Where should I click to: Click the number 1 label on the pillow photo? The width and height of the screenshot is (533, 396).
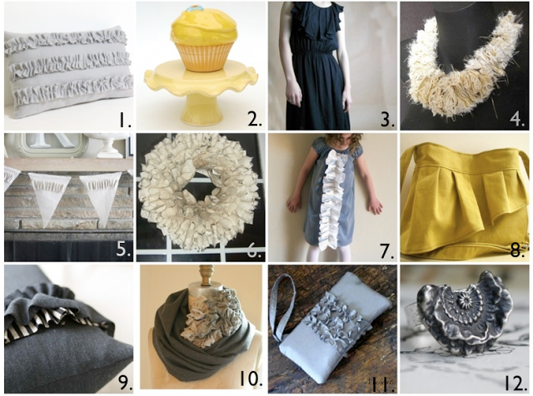[x=125, y=120]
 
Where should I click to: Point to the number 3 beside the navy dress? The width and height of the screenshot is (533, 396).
[x=388, y=120]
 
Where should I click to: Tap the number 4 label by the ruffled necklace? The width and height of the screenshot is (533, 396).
[x=517, y=120]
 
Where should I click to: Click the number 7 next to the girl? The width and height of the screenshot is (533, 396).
[x=387, y=251]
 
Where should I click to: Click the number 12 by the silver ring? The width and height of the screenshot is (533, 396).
[x=515, y=383]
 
